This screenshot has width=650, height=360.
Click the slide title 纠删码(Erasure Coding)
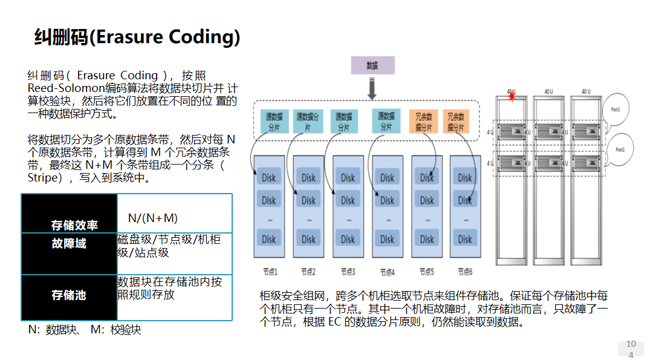tap(137, 37)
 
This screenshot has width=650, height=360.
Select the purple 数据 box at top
tap(372, 65)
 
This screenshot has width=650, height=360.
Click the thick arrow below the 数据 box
tap(372, 88)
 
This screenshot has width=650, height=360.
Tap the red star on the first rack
tap(512, 97)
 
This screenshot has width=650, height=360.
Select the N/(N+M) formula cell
tap(152, 218)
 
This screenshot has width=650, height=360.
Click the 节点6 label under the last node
tap(464, 272)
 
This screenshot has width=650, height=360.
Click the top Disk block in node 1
tap(269, 178)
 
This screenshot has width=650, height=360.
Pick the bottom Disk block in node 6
tap(464, 239)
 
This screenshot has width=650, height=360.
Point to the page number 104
tap(631, 349)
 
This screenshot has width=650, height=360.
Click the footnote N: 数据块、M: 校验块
tap(85, 330)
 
